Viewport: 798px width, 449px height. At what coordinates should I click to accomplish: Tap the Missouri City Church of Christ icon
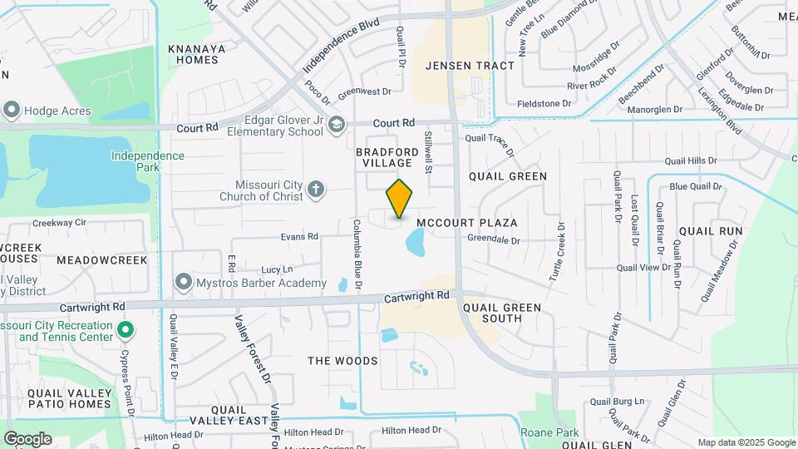315,190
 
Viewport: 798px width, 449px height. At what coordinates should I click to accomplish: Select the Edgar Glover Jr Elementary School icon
336,126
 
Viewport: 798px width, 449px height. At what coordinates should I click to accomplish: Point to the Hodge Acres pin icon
12,110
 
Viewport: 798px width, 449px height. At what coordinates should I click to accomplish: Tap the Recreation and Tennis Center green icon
125,331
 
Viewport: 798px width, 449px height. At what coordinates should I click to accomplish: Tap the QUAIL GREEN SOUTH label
502,313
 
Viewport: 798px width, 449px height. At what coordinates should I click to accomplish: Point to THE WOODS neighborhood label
342,361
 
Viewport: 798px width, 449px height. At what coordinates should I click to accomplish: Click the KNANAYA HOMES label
197,54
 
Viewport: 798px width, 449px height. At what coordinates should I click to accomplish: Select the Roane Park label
549,432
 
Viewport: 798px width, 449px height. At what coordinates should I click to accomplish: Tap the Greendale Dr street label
493,240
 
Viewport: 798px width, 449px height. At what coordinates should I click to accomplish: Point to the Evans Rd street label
299,236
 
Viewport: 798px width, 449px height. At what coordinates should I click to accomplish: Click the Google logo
27,438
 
